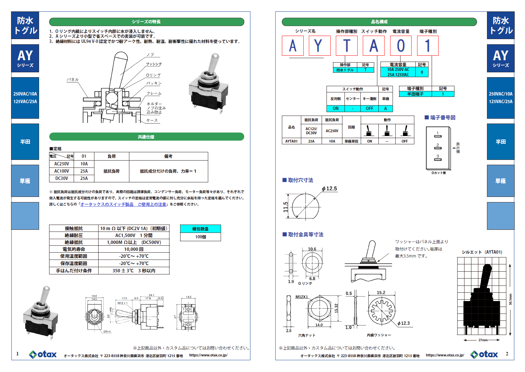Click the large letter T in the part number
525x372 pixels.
[347, 46]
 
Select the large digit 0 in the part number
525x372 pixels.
[401, 46]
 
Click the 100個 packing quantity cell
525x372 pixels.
[201, 237]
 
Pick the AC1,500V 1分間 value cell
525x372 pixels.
[134, 235]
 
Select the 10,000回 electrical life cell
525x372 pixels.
[134, 249]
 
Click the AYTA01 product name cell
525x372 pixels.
[291, 141]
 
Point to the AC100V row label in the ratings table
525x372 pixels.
[62, 171]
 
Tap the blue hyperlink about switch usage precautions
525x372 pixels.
[123, 205]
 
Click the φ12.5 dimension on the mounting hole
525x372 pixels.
[329, 189]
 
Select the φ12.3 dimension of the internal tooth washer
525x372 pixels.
[404, 323]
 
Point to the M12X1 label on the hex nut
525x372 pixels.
[302, 297]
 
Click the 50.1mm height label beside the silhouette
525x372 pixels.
[510, 299]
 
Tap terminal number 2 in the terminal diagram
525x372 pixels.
[437, 145]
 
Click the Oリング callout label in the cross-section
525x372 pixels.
[153, 75]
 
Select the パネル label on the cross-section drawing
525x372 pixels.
[73, 80]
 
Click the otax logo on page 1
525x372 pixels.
[43, 354]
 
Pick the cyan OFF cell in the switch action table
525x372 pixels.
[369, 108]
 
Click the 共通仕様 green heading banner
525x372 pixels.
[146, 137]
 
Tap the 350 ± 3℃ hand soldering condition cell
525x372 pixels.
[134, 271]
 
